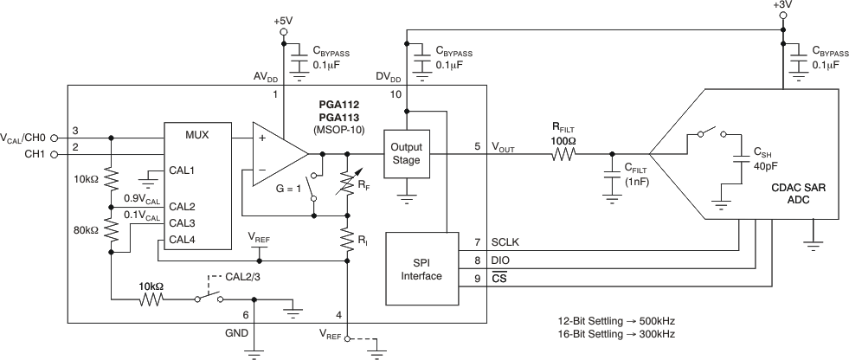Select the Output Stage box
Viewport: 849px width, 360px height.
(x=406, y=153)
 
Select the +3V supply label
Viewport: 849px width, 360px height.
(x=784, y=6)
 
